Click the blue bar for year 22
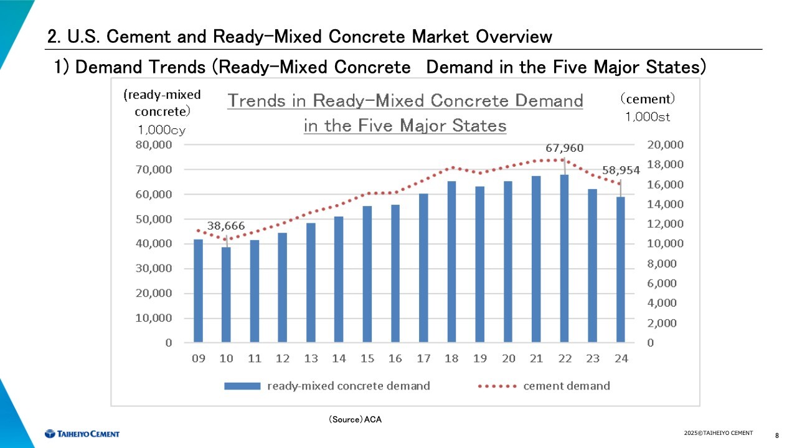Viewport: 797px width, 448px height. [x=564, y=258]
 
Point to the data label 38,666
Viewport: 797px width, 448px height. [x=226, y=226]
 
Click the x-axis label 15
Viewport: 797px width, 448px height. [x=367, y=358]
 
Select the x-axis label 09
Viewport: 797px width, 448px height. [x=199, y=358]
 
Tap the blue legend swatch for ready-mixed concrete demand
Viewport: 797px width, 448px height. [x=242, y=386]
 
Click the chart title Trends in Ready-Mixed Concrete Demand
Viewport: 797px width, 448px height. [x=405, y=101]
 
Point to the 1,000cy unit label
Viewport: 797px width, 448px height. [x=161, y=130]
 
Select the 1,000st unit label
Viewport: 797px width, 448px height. [x=648, y=116]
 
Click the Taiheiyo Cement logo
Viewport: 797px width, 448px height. [x=82, y=433]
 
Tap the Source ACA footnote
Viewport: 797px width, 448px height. [x=355, y=420]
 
